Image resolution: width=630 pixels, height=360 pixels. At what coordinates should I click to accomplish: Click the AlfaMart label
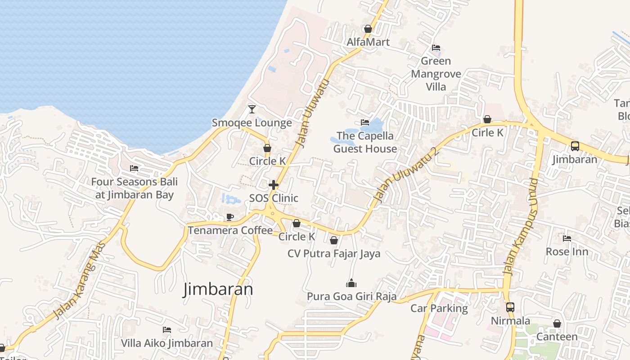pyautogui.click(x=368, y=42)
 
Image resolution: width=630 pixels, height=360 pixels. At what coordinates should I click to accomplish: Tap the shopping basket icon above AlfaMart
pyautogui.click(x=368, y=29)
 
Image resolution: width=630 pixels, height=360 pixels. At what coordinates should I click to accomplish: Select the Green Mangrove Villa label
pyautogui.click(x=436, y=74)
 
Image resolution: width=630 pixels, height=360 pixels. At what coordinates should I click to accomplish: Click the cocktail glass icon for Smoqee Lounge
pyautogui.click(x=252, y=109)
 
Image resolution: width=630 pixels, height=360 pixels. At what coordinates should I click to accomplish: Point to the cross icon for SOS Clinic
pyautogui.click(x=273, y=185)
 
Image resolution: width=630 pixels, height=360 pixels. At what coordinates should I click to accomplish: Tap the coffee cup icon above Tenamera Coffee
pyautogui.click(x=230, y=217)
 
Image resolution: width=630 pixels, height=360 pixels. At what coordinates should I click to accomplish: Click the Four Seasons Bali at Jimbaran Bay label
pyautogui.click(x=134, y=188)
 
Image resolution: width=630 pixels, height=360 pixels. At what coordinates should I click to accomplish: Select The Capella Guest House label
pyautogui.click(x=365, y=142)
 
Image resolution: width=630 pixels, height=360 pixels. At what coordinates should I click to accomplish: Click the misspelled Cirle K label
pyautogui.click(x=487, y=133)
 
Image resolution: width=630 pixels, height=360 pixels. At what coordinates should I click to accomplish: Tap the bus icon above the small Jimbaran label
pyautogui.click(x=575, y=146)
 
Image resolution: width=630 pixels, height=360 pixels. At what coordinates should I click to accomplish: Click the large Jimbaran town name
pyautogui.click(x=218, y=289)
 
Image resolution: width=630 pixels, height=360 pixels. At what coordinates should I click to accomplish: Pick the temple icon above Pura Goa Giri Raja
pyautogui.click(x=351, y=283)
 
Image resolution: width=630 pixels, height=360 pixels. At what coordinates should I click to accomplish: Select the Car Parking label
pyautogui.click(x=439, y=308)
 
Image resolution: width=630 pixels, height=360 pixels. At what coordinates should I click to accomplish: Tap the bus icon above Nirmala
pyautogui.click(x=510, y=307)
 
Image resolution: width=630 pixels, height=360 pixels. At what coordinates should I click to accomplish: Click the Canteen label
pyautogui.click(x=557, y=337)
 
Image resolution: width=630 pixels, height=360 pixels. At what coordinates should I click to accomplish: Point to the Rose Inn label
pyautogui.click(x=567, y=251)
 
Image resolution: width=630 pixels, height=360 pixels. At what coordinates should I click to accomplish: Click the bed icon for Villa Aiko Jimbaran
pyautogui.click(x=167, y=330)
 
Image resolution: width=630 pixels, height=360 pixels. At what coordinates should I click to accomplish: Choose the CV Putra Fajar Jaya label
pyautogui.click(x=334, y=253)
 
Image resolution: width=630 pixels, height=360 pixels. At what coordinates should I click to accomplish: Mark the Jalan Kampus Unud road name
pyautogui.click(x=520, y=226)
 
